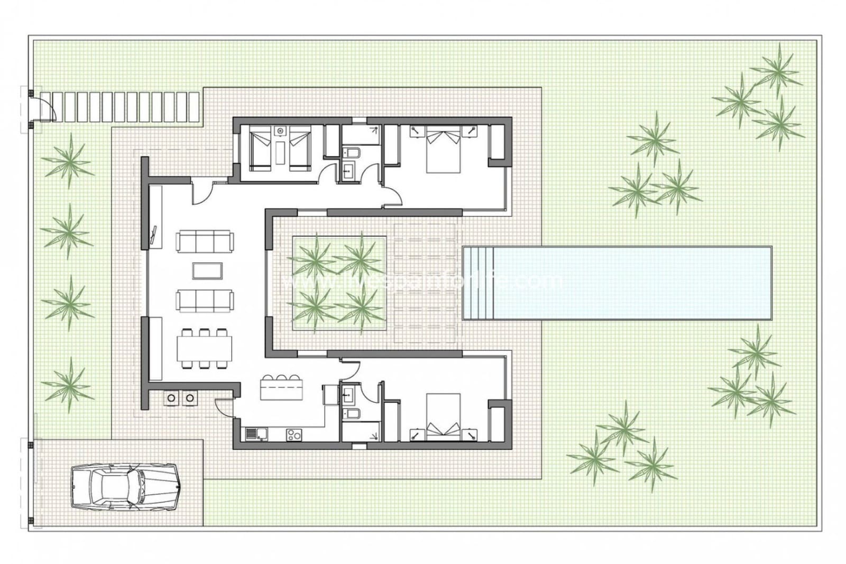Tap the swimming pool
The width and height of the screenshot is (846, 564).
(x=617, y=283)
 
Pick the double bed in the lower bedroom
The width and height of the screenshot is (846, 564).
(x=443, y=417)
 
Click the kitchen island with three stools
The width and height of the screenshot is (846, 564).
(x=281, y=390)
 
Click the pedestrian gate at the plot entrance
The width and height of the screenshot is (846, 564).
(x=42, y=108)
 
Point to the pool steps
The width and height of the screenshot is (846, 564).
(x=478, y=283)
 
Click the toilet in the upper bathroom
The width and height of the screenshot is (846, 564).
(x=351, y=153)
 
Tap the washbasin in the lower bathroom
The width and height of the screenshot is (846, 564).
(x=348, y=393)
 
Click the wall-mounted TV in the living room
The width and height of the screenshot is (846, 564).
(x=154, y=236)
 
